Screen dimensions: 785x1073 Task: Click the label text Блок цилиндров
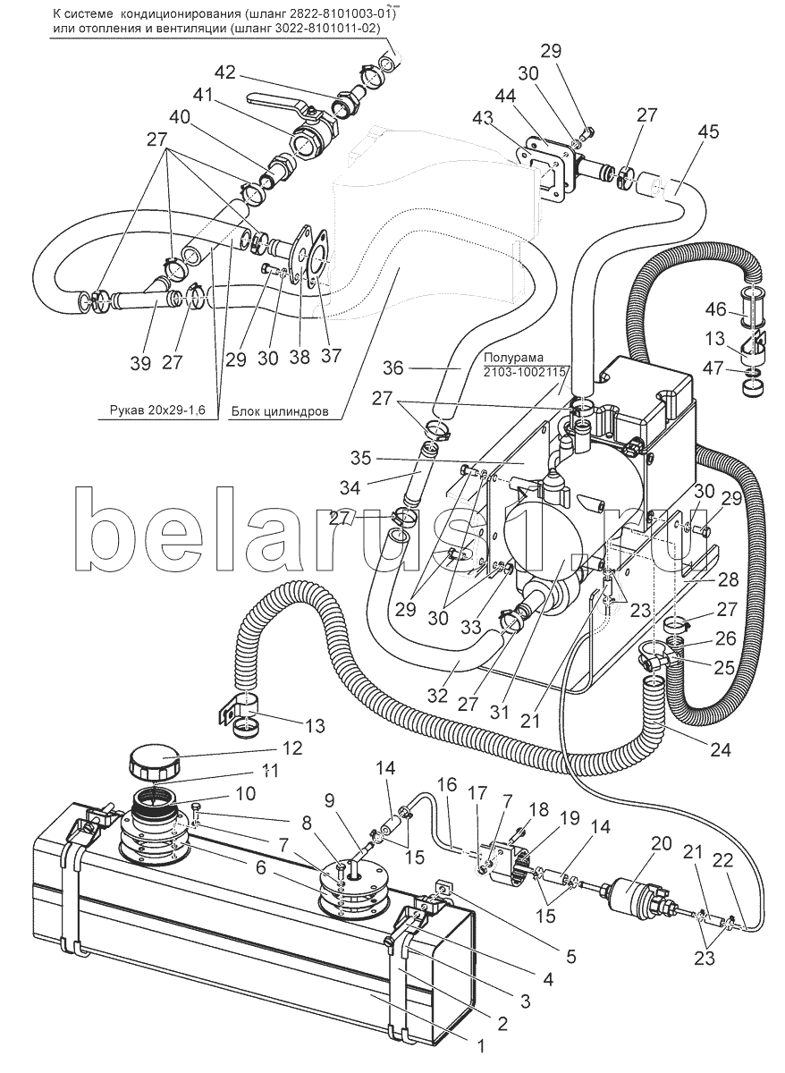(x=280, y=411)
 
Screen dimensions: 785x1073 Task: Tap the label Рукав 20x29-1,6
(x=157, y=410)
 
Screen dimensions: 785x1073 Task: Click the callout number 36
(x=393, y=368)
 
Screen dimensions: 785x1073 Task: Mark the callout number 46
(x=716, y=309)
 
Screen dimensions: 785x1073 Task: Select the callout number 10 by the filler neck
(x=246, y=794)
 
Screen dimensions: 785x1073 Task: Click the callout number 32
(x=437, y=695)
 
